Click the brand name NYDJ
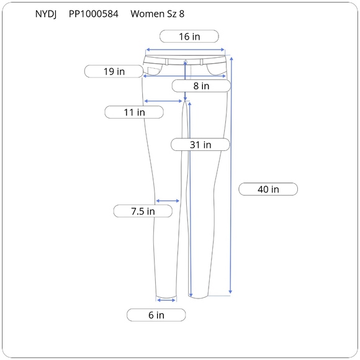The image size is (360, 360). click(x=46, y=14)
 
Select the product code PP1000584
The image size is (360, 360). click(x=94, y=14)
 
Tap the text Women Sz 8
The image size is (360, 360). click(x=158, y=14)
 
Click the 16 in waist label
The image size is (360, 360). click(x=189, y=36)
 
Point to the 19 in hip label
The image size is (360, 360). click(x=114, y=71)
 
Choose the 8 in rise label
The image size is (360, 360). click(x=201, y=86)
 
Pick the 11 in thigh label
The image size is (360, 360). click(x=134, y=112)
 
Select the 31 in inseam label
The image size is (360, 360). click(x=200, y=145)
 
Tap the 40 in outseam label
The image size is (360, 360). click(x=268, y=189)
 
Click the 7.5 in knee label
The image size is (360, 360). click(x=143, y=211)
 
